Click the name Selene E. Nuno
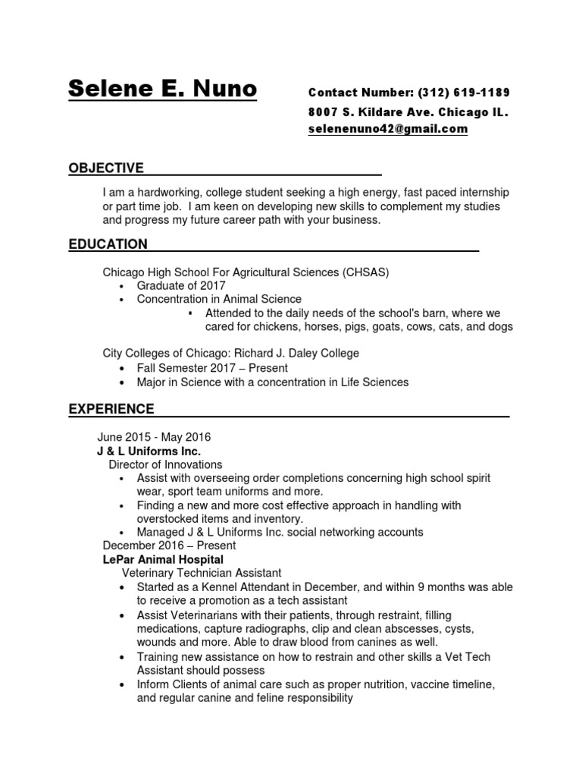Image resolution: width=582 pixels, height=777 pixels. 162,90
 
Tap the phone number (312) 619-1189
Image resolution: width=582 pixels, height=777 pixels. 464,93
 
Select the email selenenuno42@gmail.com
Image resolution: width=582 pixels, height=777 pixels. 388,129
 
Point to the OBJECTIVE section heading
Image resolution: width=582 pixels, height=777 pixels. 106,168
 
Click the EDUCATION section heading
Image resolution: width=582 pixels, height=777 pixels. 108,244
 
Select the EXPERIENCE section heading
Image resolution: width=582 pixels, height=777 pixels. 111,409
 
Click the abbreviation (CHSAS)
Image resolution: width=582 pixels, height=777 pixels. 366,272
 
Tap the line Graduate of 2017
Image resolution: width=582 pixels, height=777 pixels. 181,285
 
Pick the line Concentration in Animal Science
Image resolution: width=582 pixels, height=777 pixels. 219,299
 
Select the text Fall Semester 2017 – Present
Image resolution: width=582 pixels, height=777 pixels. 212,368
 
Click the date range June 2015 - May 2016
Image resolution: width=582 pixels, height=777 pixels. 154,437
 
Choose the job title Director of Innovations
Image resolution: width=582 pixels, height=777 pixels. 165,464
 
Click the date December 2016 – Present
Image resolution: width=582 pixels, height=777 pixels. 169,545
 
